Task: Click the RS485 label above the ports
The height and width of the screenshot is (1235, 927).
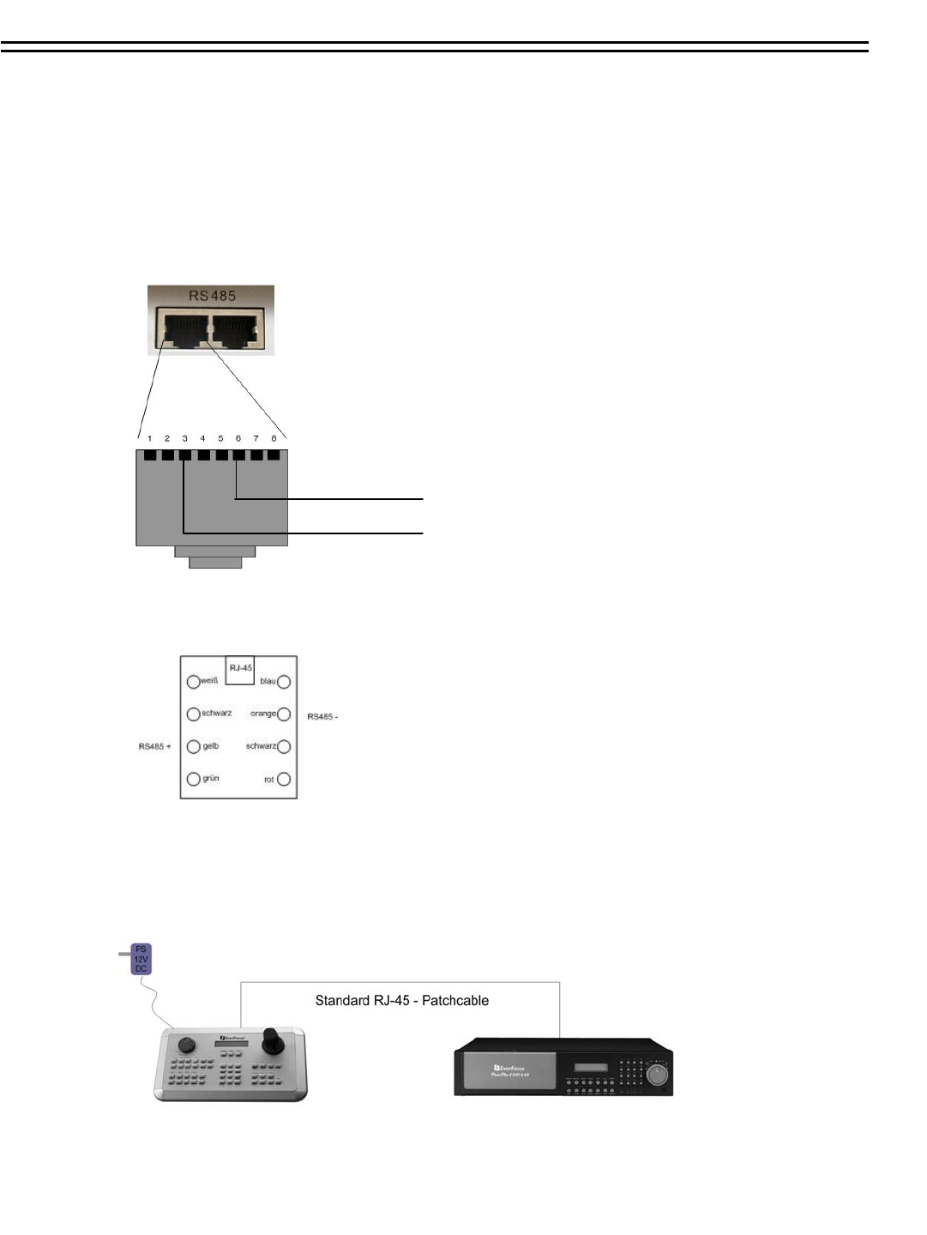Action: (x=212, y=296)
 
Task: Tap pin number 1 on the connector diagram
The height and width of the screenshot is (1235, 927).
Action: (x=150, y=439)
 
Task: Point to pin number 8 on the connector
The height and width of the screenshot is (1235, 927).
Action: (x=274, y=439)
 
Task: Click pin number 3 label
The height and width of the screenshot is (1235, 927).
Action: (x=185, y=439)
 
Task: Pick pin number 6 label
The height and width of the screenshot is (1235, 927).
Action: (x=238, y=439)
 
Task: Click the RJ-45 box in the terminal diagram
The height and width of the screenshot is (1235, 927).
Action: (x=240, y=669)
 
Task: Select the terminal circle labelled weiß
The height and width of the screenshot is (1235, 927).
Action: (x=193, y=682)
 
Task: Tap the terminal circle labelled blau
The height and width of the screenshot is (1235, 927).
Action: (x=284, y=682)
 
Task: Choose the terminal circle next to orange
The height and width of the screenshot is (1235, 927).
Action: (x=284, y=714)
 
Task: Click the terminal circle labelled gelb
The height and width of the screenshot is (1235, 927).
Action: (x=193, y=747)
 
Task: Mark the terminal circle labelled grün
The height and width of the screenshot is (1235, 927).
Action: (x=193, y=780)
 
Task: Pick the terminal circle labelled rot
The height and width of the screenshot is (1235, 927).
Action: (x=284, y=780)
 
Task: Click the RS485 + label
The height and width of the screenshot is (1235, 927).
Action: (x=154, y=747)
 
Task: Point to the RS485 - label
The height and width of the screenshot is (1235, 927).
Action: (x=322, y=716)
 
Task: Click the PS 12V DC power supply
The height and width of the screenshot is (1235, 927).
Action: (x=141, y=959)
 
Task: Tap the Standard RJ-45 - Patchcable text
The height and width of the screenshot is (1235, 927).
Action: (x=401, y=1001)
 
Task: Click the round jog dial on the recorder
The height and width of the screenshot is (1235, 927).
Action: (x=657, y=1074)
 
